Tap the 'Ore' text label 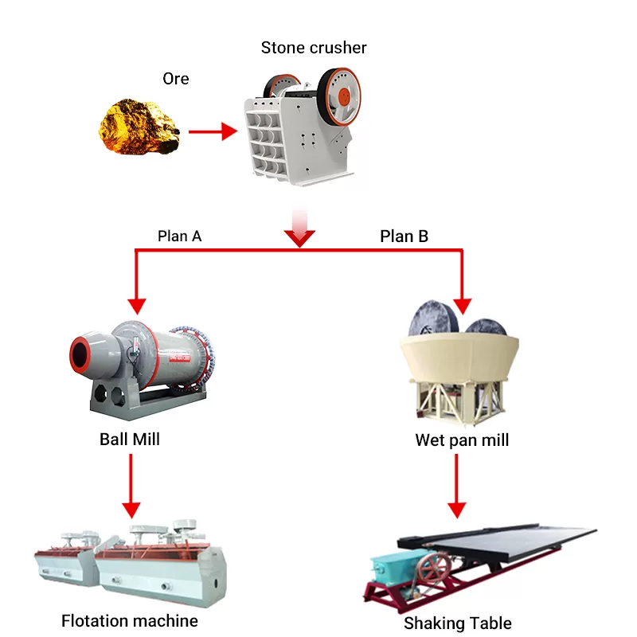coord(175,79)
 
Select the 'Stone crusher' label coord(314,48)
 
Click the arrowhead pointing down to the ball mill coord(137,304)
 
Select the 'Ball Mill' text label coord(130,439)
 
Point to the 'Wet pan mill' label coord(462,440)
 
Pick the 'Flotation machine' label coord(130,619)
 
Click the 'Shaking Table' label coord(457,623)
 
